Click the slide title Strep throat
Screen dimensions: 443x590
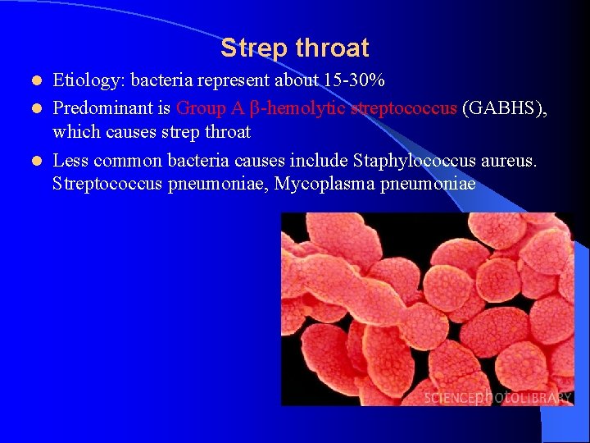coord(294,48)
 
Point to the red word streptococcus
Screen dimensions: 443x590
coord(403,108)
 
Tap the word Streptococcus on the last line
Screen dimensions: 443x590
coord(107,184)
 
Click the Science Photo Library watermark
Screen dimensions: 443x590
coord(497,397)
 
